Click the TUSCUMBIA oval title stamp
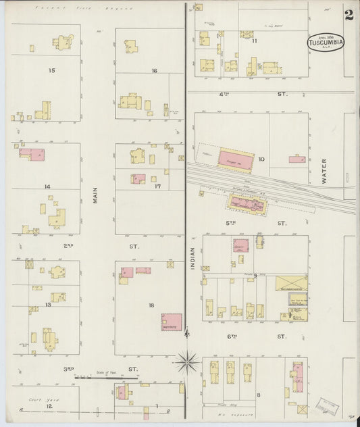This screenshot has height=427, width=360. click(326, 42)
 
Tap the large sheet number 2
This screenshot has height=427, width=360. click(349, 14)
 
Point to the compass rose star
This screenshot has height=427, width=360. click(186, 361)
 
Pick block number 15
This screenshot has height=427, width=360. click(51, 70)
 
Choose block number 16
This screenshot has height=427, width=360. click(154, 71)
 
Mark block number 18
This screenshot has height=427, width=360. click(152, 305)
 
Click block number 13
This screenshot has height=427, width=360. click(48, 305)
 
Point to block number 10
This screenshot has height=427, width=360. click(261, 160)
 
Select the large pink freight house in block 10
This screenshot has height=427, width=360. click(235, 159)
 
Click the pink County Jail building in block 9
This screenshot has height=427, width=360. click(241, 246)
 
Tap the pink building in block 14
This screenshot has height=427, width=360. click(32, 154)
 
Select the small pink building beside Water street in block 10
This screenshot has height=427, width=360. click(297, 159)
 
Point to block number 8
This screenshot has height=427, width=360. click(258, 394)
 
